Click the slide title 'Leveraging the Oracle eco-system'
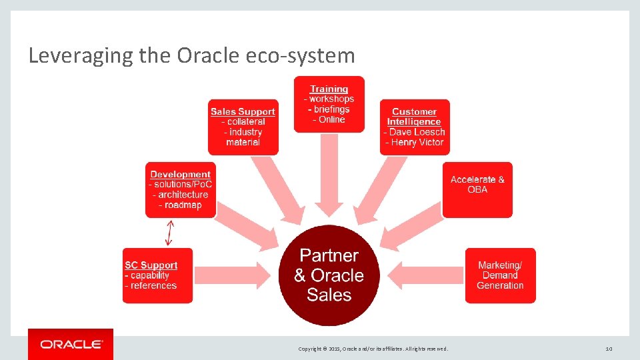point(192,55)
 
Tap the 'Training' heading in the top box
point(329,89)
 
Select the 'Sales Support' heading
point(243,111)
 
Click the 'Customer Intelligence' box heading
point(414,117)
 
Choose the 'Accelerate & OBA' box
point(477,189)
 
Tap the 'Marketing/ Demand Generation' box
point(500,275)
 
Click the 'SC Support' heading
point(151,265)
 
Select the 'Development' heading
point(180,175)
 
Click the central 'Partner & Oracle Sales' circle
point(329,275)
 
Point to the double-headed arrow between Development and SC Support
point(169,233)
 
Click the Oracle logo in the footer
point(71,344)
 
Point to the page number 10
point(608,349)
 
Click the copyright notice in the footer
point(373,349)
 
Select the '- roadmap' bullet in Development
point(180,205)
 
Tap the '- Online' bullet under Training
point(329,120)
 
